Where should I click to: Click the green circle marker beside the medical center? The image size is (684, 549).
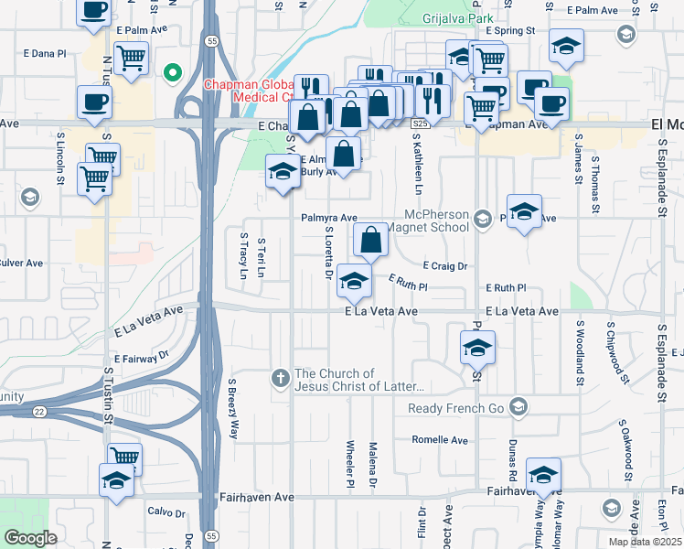pyautogui.click(x=171, y=73)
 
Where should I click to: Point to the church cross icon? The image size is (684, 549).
pyautogui.click(x=282, y=377)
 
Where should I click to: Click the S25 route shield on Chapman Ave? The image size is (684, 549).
pyautogui.click(x=420, y=123)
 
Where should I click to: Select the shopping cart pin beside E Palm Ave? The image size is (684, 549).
pyautogui.click(x=132, y=59)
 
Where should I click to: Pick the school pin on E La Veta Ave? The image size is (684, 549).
pyautogui.click(x=354, y=281)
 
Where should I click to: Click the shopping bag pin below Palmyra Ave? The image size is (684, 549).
pyautogui.click(x=370, y=241)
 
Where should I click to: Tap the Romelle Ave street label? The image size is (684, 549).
pyautogui.click(x=440, y=439)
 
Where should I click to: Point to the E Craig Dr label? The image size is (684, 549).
pyautogui.click(x=445, y=266)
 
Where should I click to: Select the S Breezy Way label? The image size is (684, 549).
pyautogui.click(x=233, y=409)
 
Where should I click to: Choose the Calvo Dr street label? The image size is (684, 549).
pyautogui.click(x=166, y=511)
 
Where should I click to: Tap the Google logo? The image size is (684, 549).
pyautogui.click(x=30, y=538)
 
